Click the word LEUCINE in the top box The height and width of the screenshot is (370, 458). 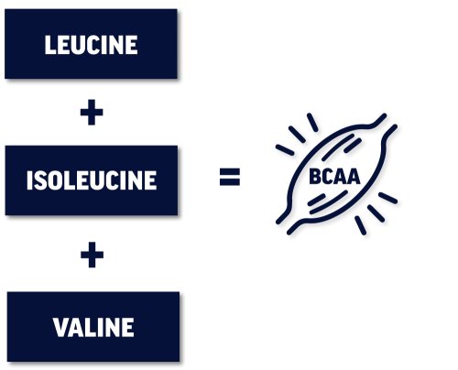click(x=91, y=45)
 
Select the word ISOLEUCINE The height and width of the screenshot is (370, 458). click(x=92, y=180)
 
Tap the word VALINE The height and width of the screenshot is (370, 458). click(x=93, y=327)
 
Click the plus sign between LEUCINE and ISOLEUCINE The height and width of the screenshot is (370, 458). click(x=92, y=113)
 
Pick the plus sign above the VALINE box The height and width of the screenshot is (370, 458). click(x=92, y=255)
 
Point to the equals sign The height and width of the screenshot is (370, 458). click(x=230, y=177)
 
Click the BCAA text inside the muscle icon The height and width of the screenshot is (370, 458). click(x=334, y=177)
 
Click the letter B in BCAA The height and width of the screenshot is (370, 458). click(x=315, y=177)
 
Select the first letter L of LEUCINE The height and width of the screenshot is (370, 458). click(x=49, y=45)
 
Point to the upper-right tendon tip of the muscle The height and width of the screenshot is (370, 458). click(x=384, y=115)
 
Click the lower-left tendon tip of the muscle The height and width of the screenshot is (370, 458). click(x=278, y=222)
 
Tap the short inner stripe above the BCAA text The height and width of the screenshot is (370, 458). click(x=353, y=146)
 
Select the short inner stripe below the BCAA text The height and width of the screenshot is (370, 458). click(x=316, y=200)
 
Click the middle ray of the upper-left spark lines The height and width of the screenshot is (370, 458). click(x=297, y=135)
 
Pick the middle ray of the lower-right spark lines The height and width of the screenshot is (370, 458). click(x=376, y=213)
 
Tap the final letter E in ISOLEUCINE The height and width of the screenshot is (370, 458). click(x=150, y=180)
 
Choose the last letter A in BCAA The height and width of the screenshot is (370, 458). click(x=354, y=177)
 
